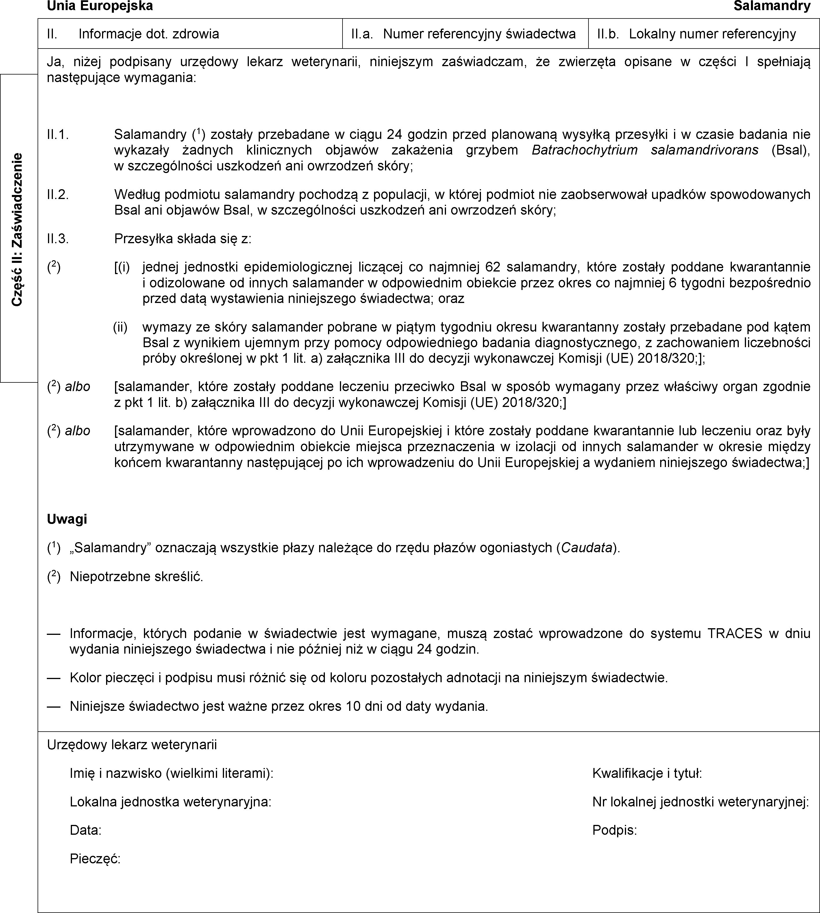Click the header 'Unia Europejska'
100,6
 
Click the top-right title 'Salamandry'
772,6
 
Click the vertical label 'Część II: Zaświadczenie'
18,230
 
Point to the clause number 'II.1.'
58,135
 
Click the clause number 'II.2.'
58,194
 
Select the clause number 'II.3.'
58,239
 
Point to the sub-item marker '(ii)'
120,327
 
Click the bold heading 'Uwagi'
67,519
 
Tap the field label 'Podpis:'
614,830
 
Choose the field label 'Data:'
86,830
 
